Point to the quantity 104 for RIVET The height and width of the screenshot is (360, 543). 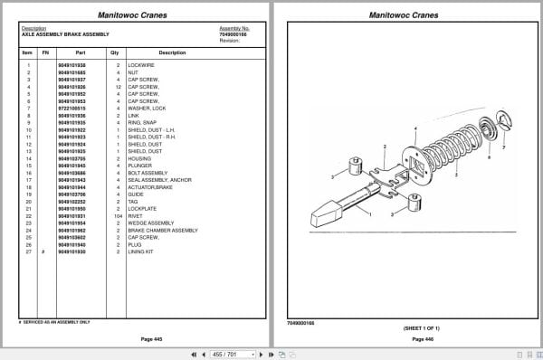tap(118, 215)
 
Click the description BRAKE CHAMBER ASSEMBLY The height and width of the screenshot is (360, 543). tap(165, 230)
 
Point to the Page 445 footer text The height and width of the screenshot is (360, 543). tap(138, 338)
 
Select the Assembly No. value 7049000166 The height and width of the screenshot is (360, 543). tap(233, 34)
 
